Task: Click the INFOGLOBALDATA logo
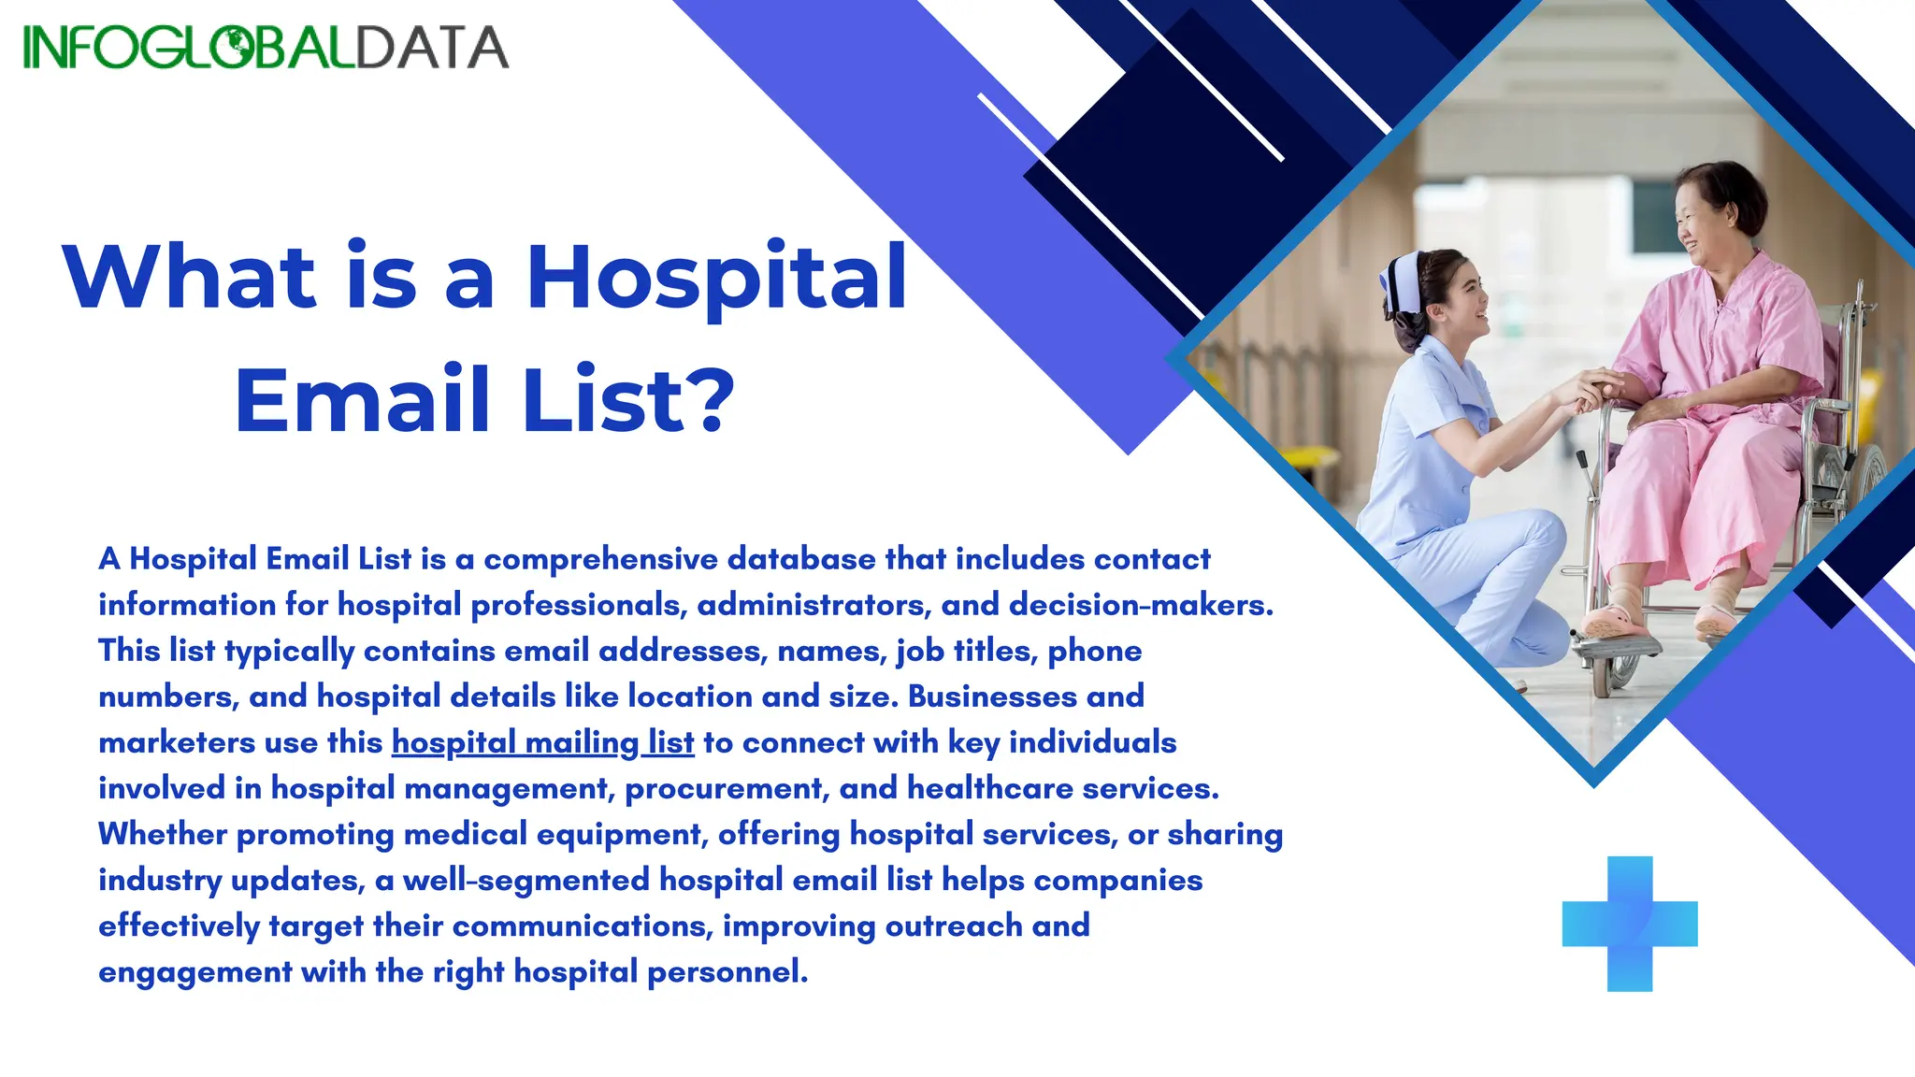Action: tap(266, 47)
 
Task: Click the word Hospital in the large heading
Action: tap(717, 278)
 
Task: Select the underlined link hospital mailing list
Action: tap(542, 742)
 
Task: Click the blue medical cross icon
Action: tap(1630, 924)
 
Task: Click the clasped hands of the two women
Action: tap(1594, 388)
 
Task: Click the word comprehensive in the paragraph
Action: tap(603, 559)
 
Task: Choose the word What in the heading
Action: tap(191, 278)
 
